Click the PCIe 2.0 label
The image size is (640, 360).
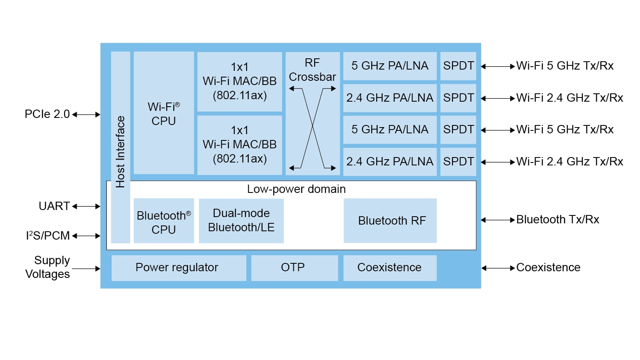[x=47, y=114]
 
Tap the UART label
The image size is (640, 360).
[x=54, y=206]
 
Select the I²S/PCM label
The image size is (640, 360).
[x=48, y=236]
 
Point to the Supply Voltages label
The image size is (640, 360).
[x=48, y=267]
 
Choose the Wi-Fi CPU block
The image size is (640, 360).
[x=164, y=113]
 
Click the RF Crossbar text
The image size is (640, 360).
[x=312, y=70]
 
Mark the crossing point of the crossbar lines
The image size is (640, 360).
[x=312, y=126]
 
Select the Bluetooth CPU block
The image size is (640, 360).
[x=164, y=221]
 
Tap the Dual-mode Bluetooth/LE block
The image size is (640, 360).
[x=241, y=220]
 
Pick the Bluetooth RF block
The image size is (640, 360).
[x=390, y=220]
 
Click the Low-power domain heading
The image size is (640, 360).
[x=296, y=189]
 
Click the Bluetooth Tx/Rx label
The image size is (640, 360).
[x=557, y=220]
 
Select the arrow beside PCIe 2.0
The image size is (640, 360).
[x=86, y=115]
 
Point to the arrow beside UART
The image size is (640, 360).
[x=86, y=206]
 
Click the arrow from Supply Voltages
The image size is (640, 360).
[x=86, y=269]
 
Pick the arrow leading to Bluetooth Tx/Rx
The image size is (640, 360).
[x=498, y=220]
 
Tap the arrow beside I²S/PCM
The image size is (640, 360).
[x=86, y=236]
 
